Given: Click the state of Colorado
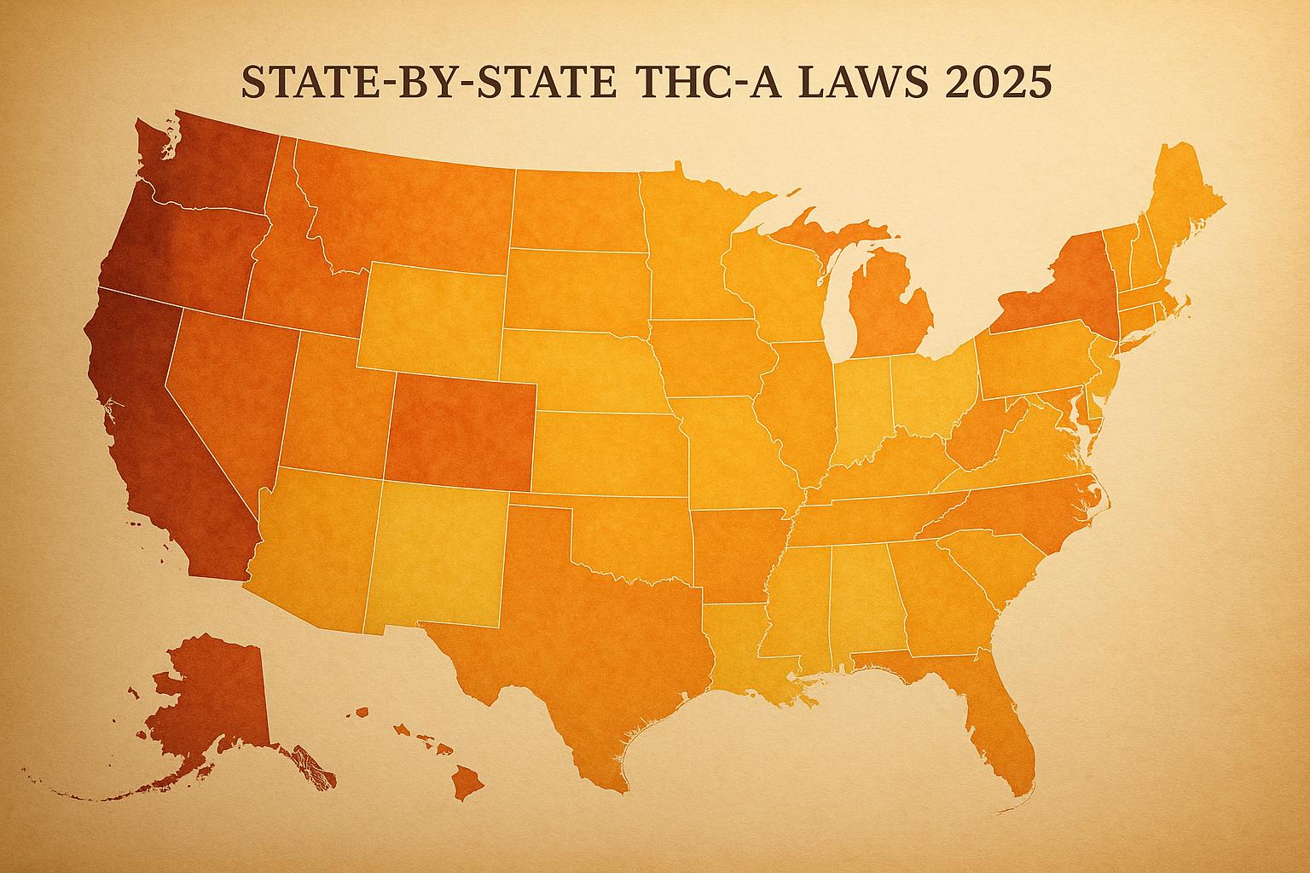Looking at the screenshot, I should pyautogui.click(x=461, y=431).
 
